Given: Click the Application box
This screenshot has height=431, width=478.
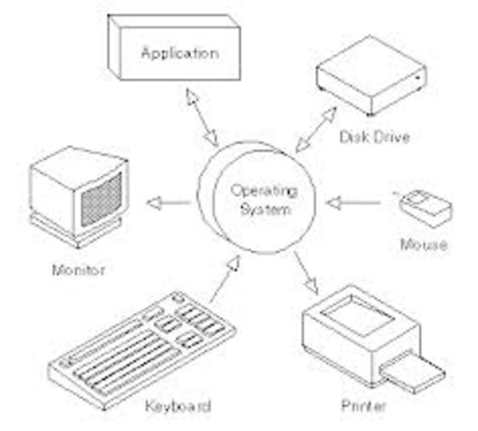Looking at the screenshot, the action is [174, 48].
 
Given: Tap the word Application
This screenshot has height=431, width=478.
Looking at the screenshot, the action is [181, 54].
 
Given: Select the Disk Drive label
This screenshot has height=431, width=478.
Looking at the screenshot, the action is [375, 137].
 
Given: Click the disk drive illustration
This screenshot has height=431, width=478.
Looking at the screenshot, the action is [371, 75].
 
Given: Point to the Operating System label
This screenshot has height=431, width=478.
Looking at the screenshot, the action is [264, 200].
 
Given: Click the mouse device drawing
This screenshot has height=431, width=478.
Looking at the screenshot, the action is [426, 208].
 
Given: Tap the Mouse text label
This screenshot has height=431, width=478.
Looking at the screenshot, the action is [424, 244].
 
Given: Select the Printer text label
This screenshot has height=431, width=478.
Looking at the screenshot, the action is [363, 406].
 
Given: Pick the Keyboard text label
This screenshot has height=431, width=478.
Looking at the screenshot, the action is [178, 406].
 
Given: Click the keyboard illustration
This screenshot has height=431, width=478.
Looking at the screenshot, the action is [142, 351].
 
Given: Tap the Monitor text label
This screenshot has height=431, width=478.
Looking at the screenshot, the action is [79, 270].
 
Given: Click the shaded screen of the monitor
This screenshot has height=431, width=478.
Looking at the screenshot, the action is [102, 200].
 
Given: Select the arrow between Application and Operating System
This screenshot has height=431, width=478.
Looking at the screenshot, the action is [202, 118].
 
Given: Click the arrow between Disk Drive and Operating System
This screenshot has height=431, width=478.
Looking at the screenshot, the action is [316, 129].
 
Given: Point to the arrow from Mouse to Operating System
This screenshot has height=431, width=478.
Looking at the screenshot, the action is [353, 203].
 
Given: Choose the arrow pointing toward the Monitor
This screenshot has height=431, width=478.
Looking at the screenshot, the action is [168, 203].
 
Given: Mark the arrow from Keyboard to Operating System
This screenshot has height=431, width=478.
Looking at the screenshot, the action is [225, 279].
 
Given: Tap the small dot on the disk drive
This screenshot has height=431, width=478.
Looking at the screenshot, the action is [418, 78].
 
